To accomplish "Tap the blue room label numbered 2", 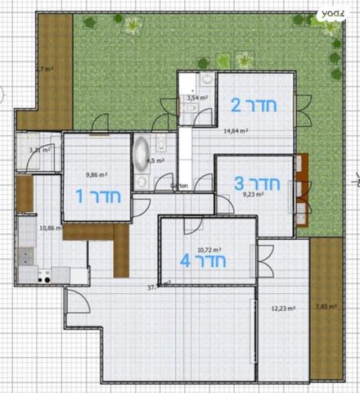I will pyautogui.click(x=254, y=106).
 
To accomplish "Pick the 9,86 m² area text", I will pyautogui.click(x=97, y=174).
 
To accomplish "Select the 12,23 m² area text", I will pyautogui.click(x=283, y=309).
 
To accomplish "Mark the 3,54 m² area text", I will pyautogui.click(x=197, y=98).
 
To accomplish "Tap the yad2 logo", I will pyautogui.click(x=332, y=13).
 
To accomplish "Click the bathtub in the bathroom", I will pyautogui.click(x=142, y=152).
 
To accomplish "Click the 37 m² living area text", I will pyautogui.click(x=158, y=287).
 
